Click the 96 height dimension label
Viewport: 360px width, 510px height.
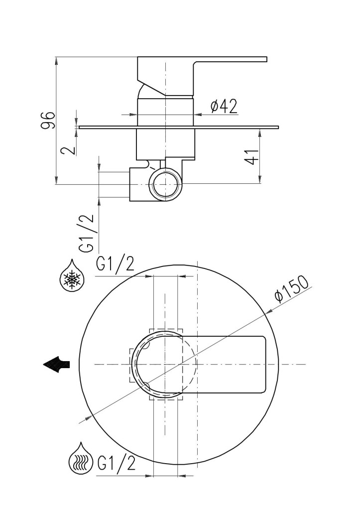pos(48,121)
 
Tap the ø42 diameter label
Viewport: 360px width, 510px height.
pos(224,106)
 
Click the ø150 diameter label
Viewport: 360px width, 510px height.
pos(291,289)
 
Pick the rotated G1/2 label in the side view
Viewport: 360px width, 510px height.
pos(87,233)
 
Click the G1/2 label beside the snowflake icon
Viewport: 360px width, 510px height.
pos(115,264)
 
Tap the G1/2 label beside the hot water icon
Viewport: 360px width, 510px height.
pos(116,463)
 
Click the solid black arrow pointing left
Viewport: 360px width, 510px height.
pos(57,364)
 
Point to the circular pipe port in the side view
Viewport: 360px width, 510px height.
pos(165,184)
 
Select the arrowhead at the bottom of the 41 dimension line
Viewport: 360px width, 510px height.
pos(260,180)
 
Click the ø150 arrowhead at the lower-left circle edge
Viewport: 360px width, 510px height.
pos(89,418)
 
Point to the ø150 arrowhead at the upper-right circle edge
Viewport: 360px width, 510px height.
pos(269,311)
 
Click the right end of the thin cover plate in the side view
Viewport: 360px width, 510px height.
pos(278,127)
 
